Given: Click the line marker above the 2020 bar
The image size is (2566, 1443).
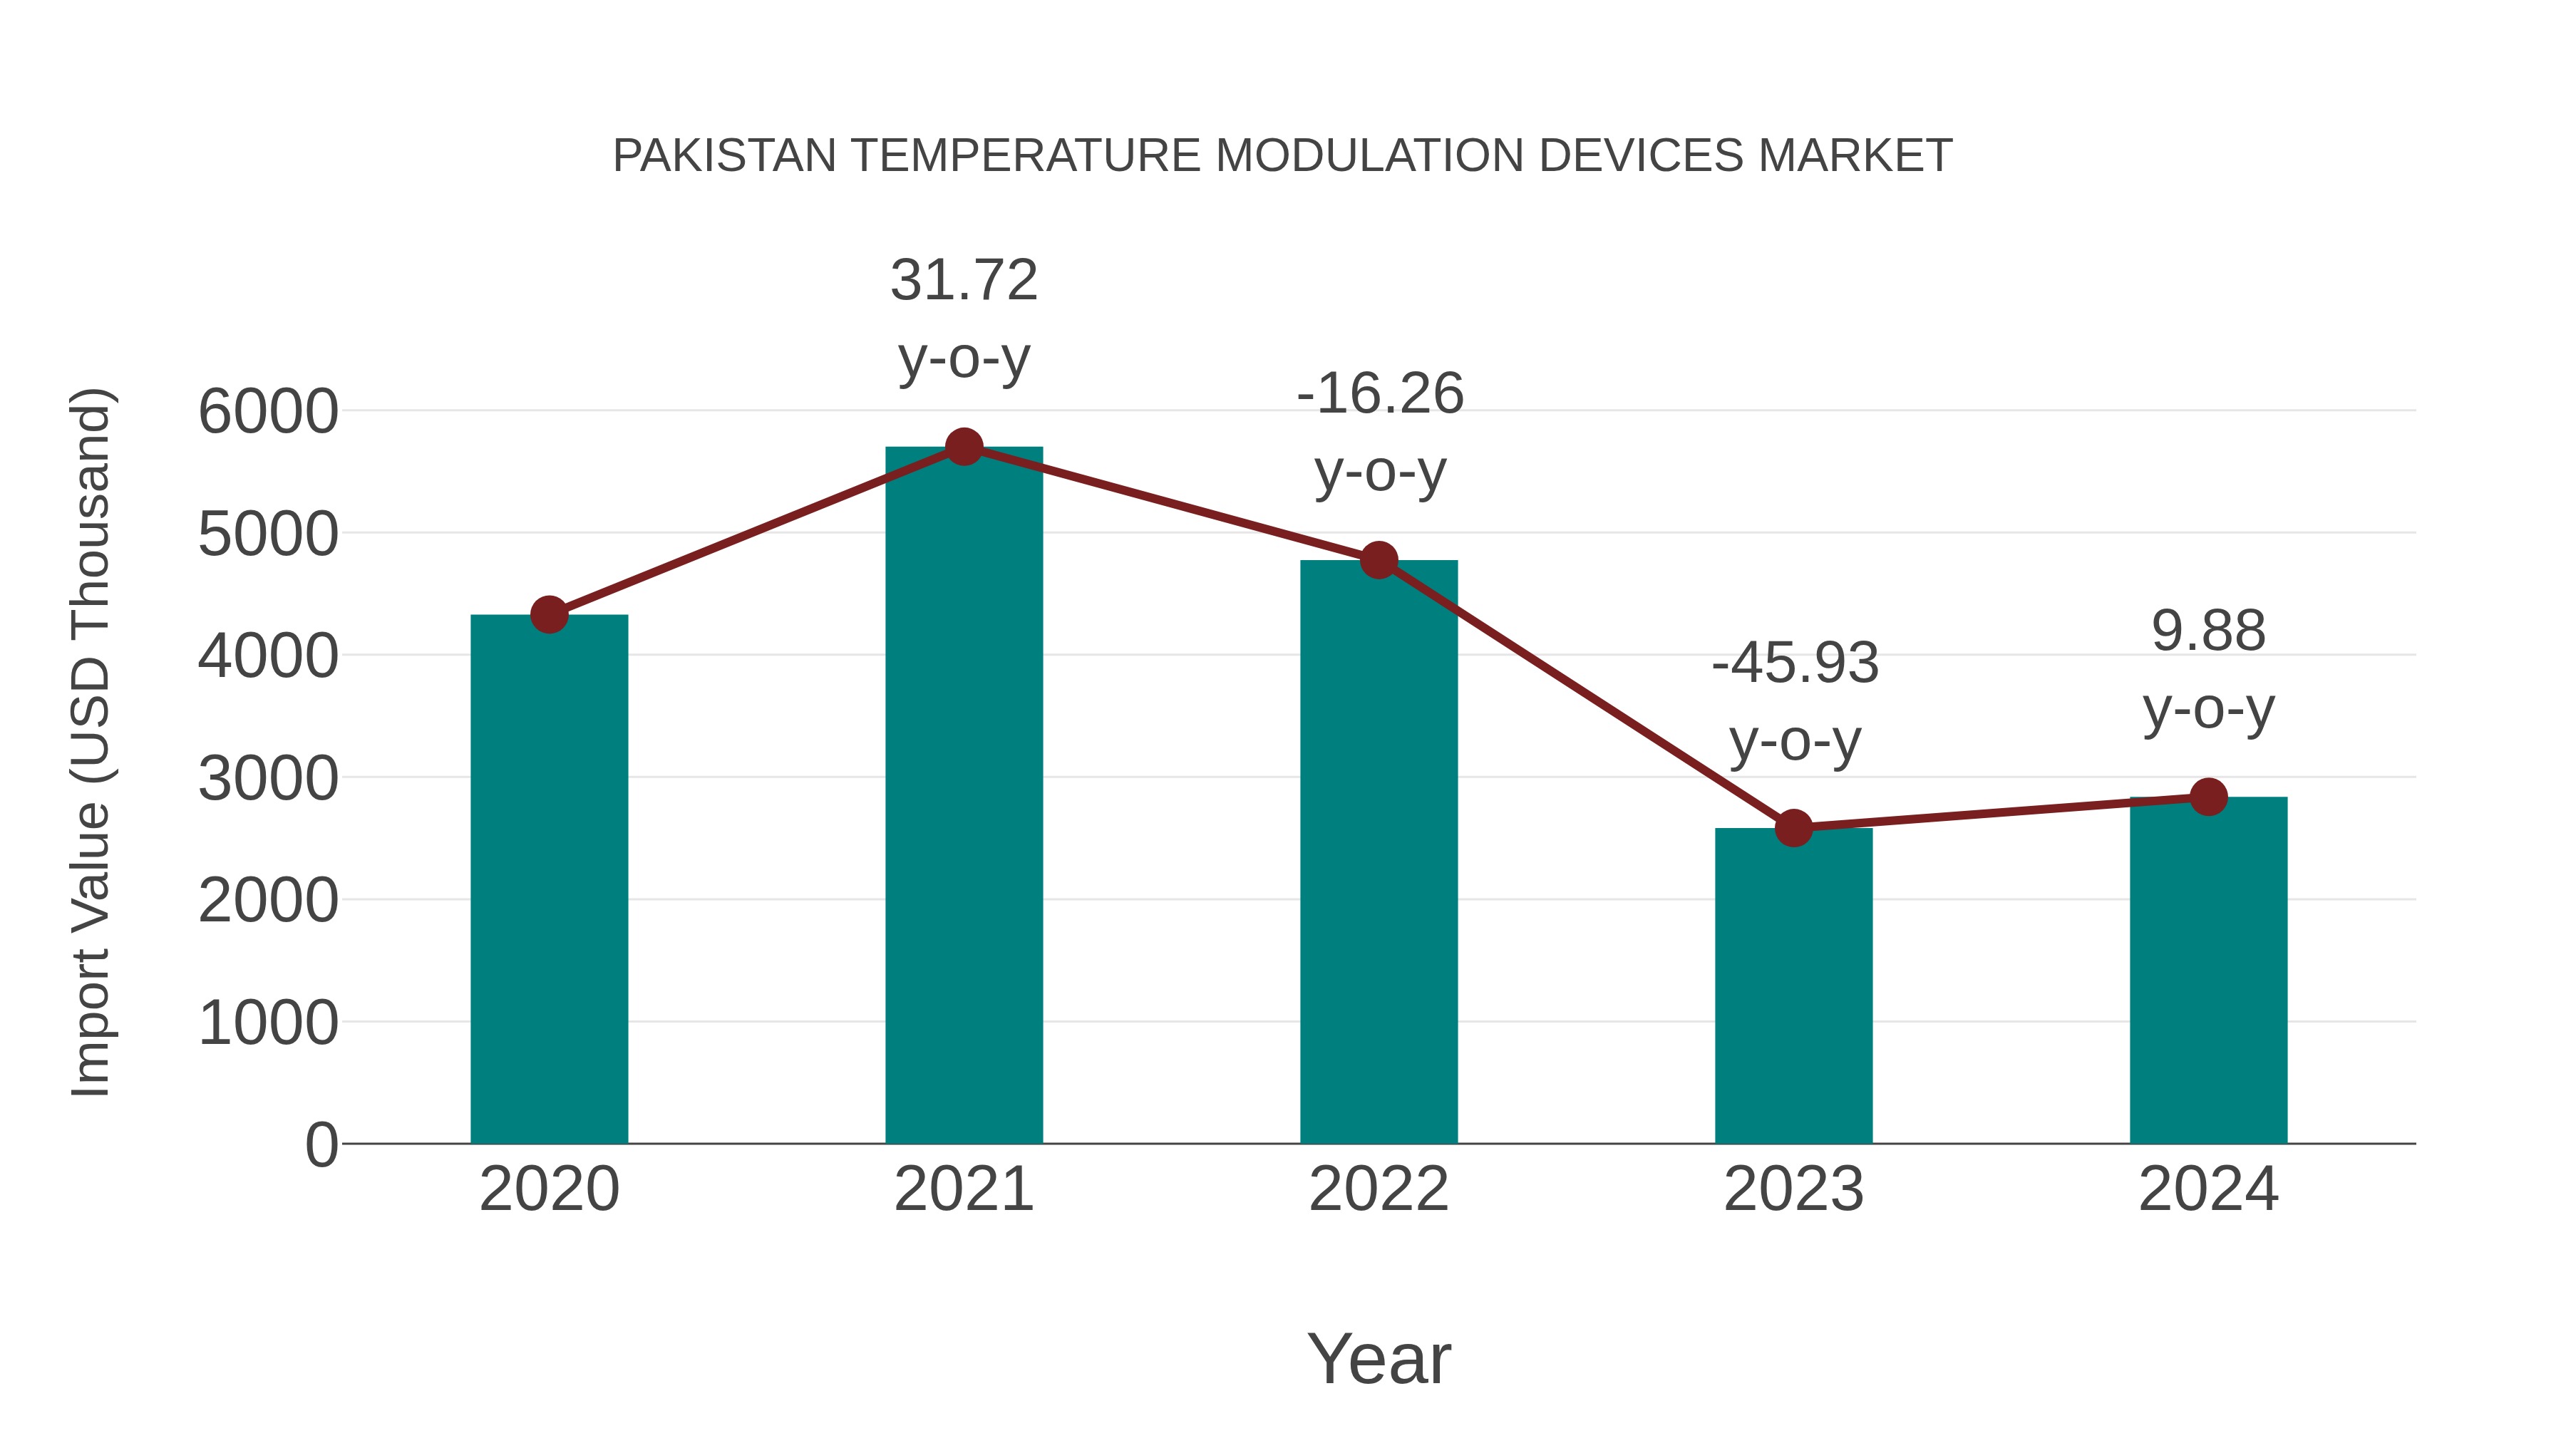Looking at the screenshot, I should [549, 614].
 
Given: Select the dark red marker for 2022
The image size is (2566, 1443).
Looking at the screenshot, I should [1379, 561].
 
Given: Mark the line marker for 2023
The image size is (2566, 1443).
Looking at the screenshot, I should [1793, 827].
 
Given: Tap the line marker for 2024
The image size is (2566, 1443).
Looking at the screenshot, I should [2208, 797].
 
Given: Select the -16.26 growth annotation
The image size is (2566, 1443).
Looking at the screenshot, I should [1380, 394].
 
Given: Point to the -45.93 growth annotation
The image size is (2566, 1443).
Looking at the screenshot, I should [1794, 663].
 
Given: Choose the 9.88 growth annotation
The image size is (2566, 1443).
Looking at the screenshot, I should [2208, 631].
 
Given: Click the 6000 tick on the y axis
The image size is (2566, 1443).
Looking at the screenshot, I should [267, 411].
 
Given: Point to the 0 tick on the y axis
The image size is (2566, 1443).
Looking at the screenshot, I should [321, 1144].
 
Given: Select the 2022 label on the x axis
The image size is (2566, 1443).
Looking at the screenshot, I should [1379, 1189].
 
